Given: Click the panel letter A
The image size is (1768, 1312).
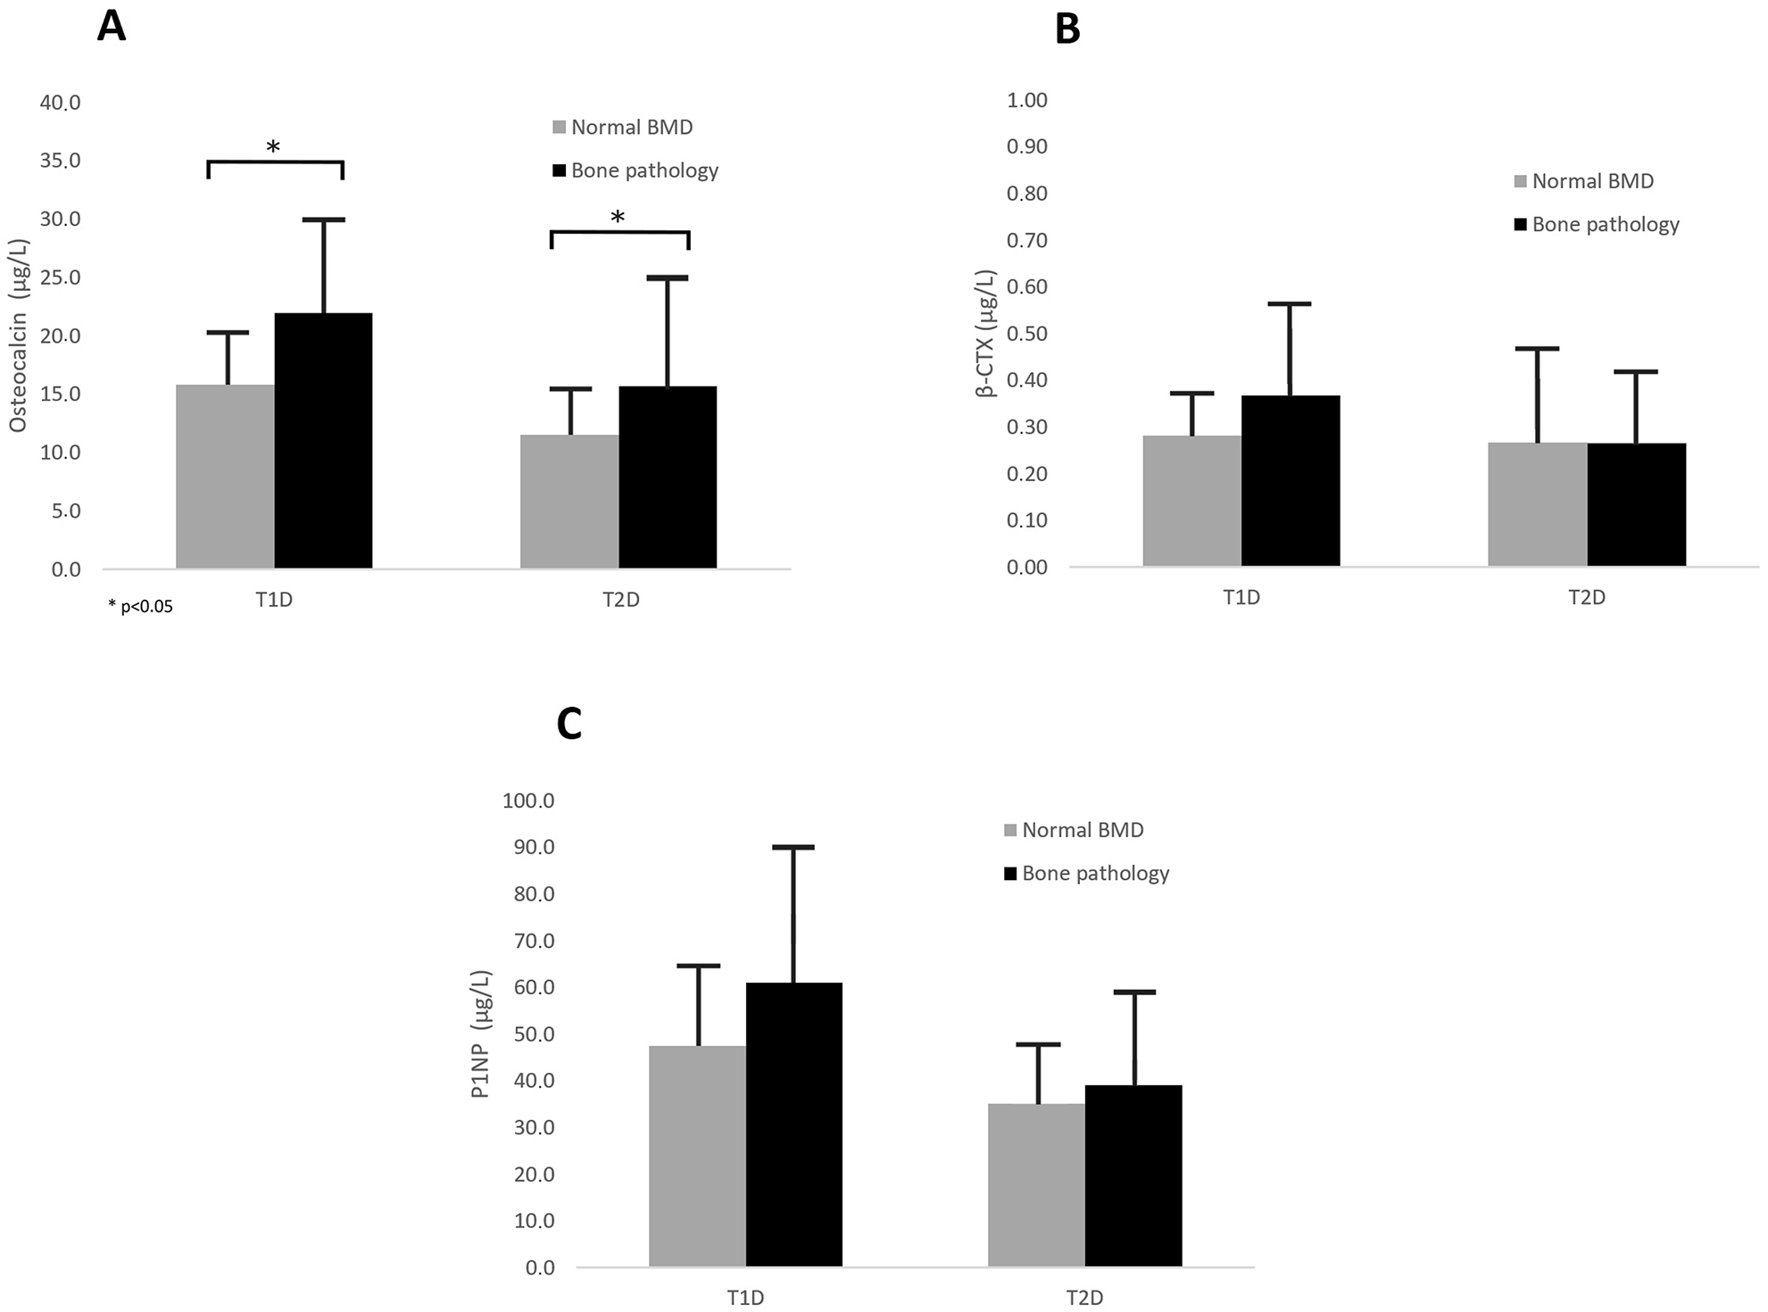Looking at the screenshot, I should (x=112, y=26).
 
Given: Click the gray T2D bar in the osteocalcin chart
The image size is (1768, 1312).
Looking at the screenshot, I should (x=569, y=501).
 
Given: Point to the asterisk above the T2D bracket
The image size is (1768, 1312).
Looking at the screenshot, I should (x=618, y=218).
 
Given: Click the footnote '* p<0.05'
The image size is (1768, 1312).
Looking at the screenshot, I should (x=140, y=607).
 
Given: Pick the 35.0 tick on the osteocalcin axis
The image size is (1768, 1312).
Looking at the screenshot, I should (x=60, y=161).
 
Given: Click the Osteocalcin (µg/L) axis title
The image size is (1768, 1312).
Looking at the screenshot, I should (x=19, y=336).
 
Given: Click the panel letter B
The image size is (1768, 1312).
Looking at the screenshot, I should (x=1067, y=29).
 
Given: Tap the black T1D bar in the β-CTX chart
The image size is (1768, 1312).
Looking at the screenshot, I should (x=1291, y=480).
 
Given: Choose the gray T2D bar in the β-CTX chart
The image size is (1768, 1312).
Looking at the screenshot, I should (x=1537, y=503).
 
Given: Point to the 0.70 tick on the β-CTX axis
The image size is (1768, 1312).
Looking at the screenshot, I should (x=1026, y=240).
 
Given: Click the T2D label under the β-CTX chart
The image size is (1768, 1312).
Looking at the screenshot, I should (x=1587, y=597).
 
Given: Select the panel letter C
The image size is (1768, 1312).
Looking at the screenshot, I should (x=569, y=724).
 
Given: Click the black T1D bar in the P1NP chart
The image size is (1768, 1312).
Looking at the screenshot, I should (x=793, y=1124).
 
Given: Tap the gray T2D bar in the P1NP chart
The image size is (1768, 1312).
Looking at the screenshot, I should (x=1036, y=1184).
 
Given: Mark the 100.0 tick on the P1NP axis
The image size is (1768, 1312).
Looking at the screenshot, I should (x=528, y=801).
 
